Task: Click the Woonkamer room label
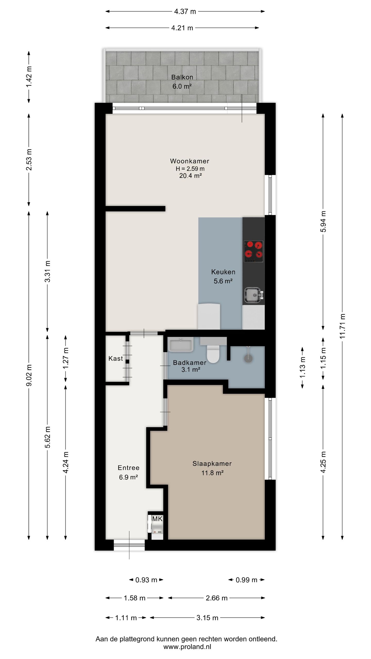pyautogui.click(x=190, y=161)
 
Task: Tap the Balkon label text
pyautogui.click(x=182, y=77)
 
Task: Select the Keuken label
pyautogui.click(x=223, y=272)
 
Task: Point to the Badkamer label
pyautogui.click(x=190, y=362)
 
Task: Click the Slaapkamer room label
pyautogui.click(x=212, y=464)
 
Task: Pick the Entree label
pyautogui.click(x=129, y=468)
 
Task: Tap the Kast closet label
pyautogui.click(x=116, y=358)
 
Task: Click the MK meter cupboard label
pyautogui.click(x=157, y=519)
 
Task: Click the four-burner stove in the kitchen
pyautogui.click(x=254, y=252)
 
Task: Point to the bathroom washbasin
pyautogui.click(x=181, y=345)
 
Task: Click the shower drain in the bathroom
pyautogui.click(x=248, y=359)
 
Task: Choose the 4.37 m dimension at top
pyautogui.click(x=185, y=11)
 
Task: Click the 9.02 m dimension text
pyautogui.click(x=29, y=375)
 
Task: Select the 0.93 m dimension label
pyautogui.click(x=146, y=580)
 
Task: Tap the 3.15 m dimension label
pyautogui.click(x=207, y=618)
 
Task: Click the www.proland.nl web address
pyautogui.click(x=187, y=646)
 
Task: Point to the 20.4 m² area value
pyautogui.click(x=190, y=176)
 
